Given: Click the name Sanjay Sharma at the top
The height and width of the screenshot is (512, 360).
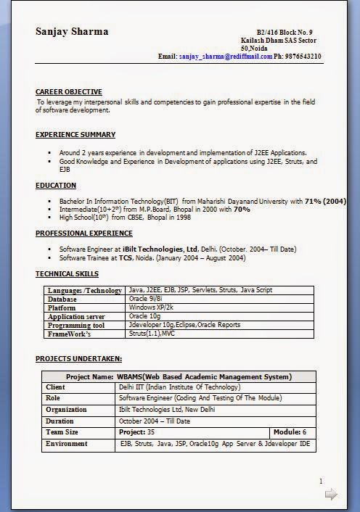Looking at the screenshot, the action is (72, 31).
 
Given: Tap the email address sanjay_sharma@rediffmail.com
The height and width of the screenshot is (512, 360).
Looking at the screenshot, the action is (226, 56).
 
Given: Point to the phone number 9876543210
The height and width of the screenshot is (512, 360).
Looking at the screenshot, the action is (303, 56).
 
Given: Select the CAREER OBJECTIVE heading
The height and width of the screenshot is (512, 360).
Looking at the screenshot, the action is (68, 92).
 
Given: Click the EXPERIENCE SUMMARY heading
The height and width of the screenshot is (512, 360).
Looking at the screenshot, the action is (75, 135).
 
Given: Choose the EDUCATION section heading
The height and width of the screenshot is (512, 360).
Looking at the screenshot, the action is (56, 186).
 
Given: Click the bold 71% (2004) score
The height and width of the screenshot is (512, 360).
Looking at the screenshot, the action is (325, 200).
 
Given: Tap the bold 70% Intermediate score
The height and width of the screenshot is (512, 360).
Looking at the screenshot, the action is (242, 209).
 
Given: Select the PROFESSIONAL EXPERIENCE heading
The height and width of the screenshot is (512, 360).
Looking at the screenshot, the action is (84, 234).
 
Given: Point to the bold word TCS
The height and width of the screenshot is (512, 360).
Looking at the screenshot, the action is (126, 258).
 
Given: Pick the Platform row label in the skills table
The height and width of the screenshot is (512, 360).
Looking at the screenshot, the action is (62, 307).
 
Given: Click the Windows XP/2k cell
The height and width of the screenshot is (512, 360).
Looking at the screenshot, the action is (151, 307).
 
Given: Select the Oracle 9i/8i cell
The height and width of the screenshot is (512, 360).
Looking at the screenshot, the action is (144, 299).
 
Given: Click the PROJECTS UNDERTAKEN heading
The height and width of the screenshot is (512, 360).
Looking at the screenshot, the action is (78, 359).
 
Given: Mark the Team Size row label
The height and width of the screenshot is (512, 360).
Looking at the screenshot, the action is (62, 432).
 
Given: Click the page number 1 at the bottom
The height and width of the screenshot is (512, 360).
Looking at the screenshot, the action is (321, 481).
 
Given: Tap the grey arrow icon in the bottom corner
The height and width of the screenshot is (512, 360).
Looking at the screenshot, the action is (331, 495).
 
